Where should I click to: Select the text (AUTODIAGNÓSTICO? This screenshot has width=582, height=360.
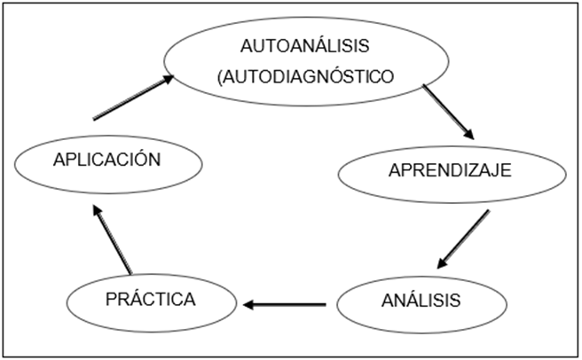(x=304, y=76)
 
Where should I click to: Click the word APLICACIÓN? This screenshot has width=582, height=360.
(x=106, y=160)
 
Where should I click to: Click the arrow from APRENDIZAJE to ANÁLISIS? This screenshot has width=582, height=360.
(x=463, y=239)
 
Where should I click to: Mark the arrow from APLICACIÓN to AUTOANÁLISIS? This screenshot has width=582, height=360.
(x=134, y=98)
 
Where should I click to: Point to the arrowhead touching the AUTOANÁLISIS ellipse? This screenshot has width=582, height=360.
(x=167, y=81)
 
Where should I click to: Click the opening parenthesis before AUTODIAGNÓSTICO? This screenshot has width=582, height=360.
(x=218, y=77)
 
